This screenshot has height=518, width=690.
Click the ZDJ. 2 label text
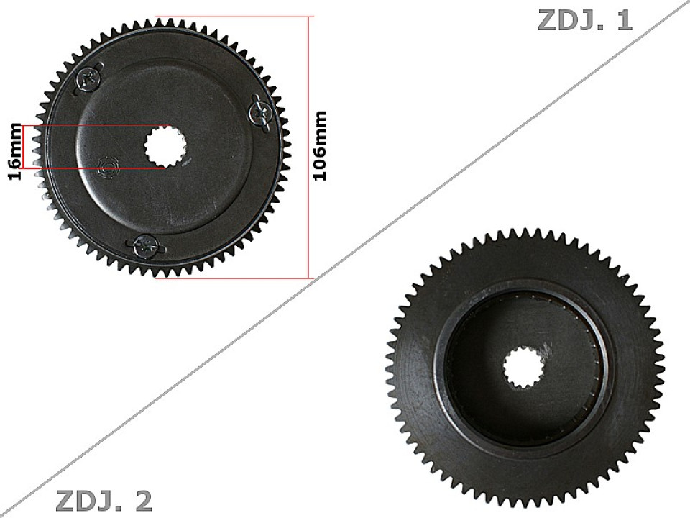click(103, 500)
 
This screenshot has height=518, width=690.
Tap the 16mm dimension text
click(15, 147)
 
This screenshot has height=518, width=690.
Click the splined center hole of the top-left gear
click(165, 147)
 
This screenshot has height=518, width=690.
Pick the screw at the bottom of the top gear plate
click(148, 246)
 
